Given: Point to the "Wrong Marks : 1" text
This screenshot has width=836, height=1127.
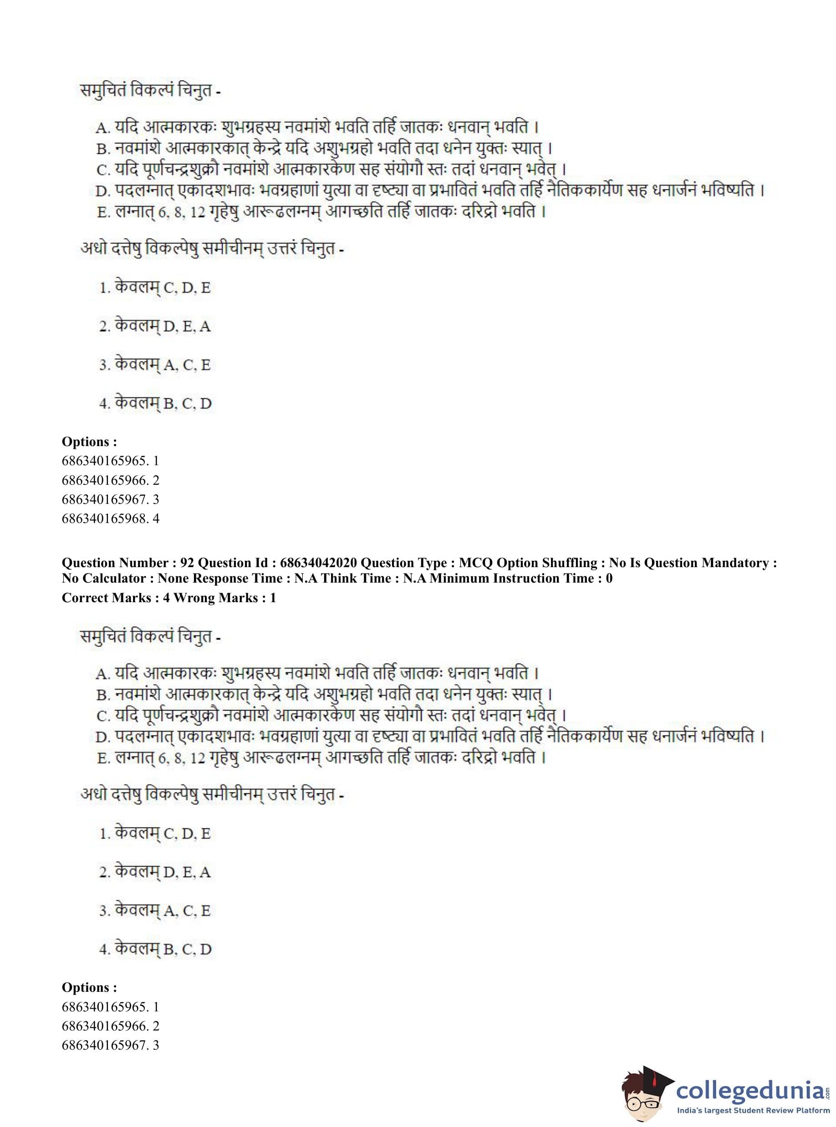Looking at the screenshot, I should pos(224,598).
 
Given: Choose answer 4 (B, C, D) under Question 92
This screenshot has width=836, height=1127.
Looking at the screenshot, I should pos(155,949).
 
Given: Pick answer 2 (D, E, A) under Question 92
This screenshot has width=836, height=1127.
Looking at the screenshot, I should pos(155,872).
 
